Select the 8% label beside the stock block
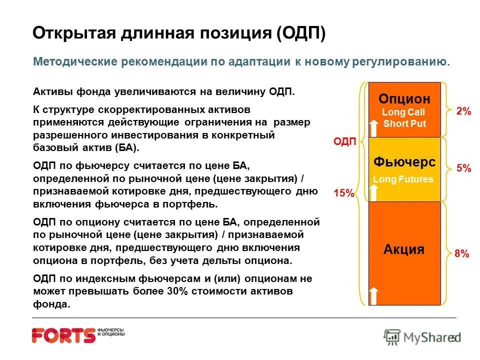tap(461, 254)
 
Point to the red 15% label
tap(343, 193)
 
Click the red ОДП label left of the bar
tap(344, 142)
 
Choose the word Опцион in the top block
tap(404, 98)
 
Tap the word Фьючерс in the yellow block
tap(404, 162)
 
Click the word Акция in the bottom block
tap(404, 249)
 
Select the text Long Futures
tap(403, 179)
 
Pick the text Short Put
tap(404, 124)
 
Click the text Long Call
tap(403, 112)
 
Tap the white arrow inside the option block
tap(373, 127)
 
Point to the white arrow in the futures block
tap(373, 192)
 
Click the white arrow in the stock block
tap(373, 295)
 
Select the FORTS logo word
tap(63, 335)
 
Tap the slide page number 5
tap(453, 338)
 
